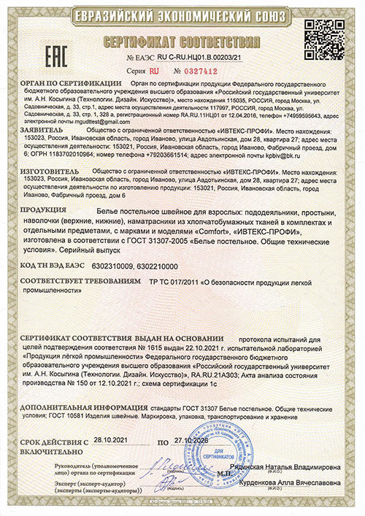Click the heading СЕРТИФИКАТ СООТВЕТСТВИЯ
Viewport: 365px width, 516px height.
coord(182,40)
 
